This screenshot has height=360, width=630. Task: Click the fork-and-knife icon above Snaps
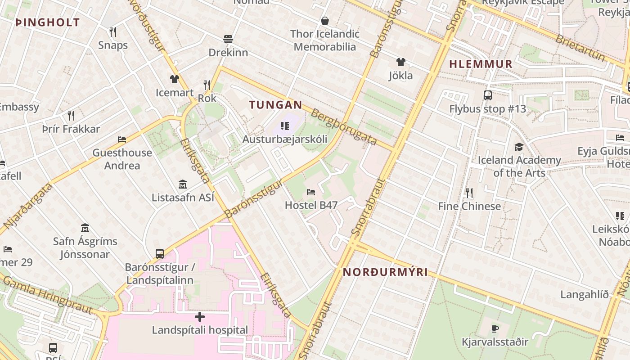[113, 31]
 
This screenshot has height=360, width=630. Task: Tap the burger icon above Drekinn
[228, 39]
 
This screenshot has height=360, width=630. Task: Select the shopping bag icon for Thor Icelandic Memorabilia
[325, 21]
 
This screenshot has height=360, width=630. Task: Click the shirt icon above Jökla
[400, 62]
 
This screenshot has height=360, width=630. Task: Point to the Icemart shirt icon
[175, 79]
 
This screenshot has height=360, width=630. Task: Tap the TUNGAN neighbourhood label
[275, 105]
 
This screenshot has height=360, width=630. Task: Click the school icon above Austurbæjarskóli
[284, 126]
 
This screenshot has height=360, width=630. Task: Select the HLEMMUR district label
[481, 64]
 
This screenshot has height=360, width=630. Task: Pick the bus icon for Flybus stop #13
[488, 95]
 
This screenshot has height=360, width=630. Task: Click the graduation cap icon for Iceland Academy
[519, 147]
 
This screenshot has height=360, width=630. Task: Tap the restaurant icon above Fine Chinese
[469, 193]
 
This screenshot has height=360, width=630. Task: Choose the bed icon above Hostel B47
[311, 192]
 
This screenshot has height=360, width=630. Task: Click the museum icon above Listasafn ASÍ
[183, 184]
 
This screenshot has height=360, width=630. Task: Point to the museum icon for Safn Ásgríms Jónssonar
[85, 228]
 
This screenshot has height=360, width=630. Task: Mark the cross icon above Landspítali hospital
[200, 317]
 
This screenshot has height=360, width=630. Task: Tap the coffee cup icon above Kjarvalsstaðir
[495, 328]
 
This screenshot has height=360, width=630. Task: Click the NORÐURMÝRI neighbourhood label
[385, 272]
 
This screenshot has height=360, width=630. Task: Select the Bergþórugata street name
[344, 127]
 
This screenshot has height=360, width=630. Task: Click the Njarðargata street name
[28, 205]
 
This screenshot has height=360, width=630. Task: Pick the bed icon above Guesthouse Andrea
[122, 139]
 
